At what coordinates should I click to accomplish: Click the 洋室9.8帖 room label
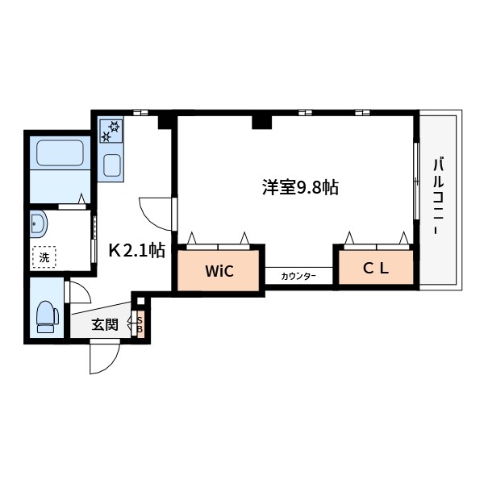click(x=300, y=187)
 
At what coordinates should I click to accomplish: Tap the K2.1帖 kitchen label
click(x=137, y=250)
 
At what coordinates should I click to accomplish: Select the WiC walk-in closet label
click(x=219, y=271)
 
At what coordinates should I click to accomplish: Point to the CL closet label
click(x=376, y=269)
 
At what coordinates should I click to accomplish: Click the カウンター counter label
click(x=298, y=276)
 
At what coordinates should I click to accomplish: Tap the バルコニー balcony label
click(x=438, y=197)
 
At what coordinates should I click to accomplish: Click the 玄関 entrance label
click(x=105, y=324)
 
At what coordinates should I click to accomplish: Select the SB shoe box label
click(x=140, y=325)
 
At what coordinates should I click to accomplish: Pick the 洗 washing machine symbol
click(x=44, y=257)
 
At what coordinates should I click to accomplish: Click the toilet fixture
click(x=48, y=317)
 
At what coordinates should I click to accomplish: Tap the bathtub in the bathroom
click(x=60, y=152)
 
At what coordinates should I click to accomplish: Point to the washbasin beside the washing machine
click(x=39, y=223)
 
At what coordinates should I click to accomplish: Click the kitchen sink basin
click(x=112, y=165)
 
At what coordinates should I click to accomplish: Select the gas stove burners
click(x=111, y=131)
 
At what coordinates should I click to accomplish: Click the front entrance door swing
click(x=104, y=358)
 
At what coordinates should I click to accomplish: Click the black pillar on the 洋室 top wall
click(x=261, y=123)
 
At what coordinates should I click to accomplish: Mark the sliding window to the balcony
click(x=416, y=181)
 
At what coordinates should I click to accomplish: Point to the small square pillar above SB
click(x=140, y=301)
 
